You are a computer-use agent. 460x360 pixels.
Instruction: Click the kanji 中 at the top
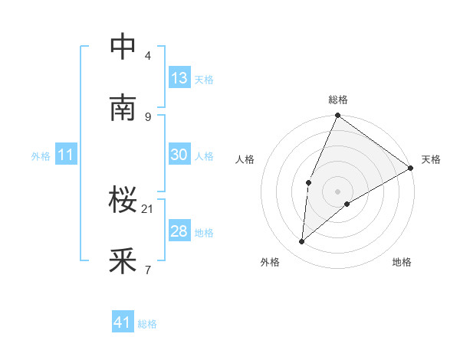[x=123, y=47]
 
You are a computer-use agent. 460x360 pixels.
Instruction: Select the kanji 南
[x=123, y=108]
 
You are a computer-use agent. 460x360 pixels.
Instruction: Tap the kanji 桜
[x=123, y=201]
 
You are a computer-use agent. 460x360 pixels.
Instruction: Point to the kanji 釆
[x=123, y=262]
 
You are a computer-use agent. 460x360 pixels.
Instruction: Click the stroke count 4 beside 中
[x=148, y=55]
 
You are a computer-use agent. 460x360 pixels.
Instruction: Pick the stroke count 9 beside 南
[x=148, y=116]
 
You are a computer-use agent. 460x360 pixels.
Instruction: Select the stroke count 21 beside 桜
[x=148, y=208]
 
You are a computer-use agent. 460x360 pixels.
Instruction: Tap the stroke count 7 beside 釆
[x=148, y=270]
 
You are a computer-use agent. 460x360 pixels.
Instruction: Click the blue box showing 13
[x=179, y=78]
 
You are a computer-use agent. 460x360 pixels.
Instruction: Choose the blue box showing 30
[x=179, y=155]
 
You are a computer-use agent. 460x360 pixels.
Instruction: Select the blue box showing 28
[x=179, y=231]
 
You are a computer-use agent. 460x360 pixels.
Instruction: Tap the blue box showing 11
[x=66, y=155]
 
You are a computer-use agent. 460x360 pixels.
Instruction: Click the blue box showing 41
[x=123, y=322]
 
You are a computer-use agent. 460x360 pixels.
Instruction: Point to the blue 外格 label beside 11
[x=41, y=156]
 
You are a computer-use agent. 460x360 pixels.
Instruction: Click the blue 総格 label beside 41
[x=147, y=324]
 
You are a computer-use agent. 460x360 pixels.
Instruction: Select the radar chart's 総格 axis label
[x=338, y=100]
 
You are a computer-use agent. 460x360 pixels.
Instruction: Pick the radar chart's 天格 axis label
[x=431, y=159]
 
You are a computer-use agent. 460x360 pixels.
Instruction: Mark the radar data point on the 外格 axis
[x=302, y=242]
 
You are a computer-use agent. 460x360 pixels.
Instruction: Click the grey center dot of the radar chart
[x=338, y=191]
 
